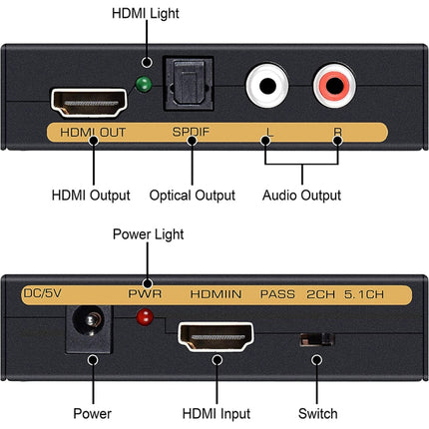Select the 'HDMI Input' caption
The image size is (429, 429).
tap(216, 413)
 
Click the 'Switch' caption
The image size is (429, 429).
tap(317, 413)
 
